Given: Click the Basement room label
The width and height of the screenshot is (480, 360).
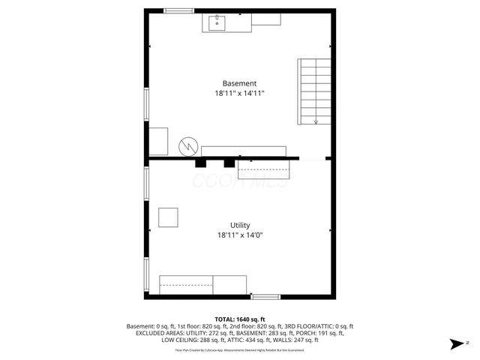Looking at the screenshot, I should (239, 83).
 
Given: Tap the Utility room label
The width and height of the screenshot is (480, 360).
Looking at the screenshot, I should (240, 225).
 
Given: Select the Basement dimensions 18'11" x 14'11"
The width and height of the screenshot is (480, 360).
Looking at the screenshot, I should (239, 94).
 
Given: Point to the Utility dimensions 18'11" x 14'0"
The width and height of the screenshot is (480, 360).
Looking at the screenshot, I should (240, 235).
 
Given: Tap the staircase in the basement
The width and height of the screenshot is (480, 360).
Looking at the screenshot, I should (316, 91).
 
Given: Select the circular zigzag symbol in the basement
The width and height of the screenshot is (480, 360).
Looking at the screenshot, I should (187, 145).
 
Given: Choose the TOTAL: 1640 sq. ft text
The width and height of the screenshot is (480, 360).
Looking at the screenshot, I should (240, 319).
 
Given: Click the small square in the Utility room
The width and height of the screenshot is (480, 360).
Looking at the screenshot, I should (169, 217).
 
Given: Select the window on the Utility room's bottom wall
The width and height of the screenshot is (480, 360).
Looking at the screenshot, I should (265, 296).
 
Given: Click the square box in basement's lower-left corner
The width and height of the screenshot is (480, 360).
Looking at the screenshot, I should (158, 141).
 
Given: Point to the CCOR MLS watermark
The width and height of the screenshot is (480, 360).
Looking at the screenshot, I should (240, 182).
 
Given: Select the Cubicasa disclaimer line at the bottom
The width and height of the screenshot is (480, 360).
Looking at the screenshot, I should (240, 350).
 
